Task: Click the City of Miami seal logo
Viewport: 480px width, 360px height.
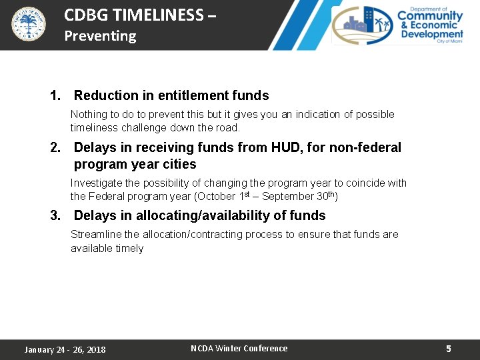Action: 29,24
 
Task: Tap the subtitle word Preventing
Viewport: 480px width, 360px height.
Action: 100,36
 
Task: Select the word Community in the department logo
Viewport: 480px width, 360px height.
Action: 430,16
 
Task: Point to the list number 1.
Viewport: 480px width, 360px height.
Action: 55,96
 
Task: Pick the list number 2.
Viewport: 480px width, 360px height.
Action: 55,147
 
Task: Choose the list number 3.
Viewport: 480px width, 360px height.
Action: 55,215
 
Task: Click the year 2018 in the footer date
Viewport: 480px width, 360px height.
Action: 95,350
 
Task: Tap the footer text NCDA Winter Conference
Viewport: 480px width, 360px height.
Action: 239,349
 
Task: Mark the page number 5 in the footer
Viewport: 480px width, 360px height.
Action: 449,349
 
